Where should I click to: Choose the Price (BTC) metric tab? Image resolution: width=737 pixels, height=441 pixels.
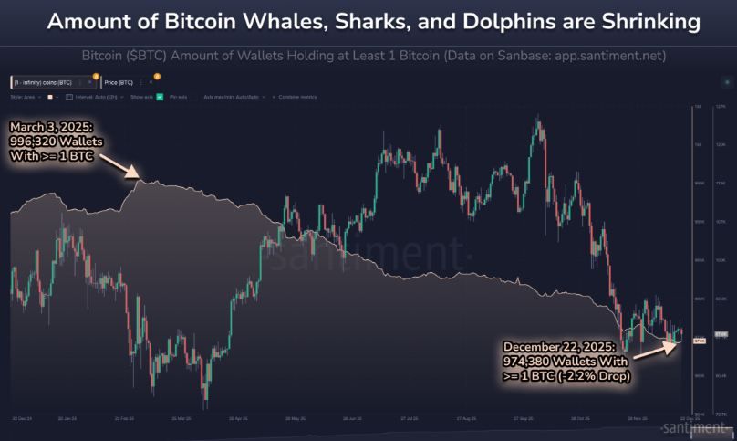click(119, 82)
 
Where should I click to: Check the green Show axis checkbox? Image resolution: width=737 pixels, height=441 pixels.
click(160, 96)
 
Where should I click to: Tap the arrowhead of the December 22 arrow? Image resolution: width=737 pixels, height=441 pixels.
click(678, 340)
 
